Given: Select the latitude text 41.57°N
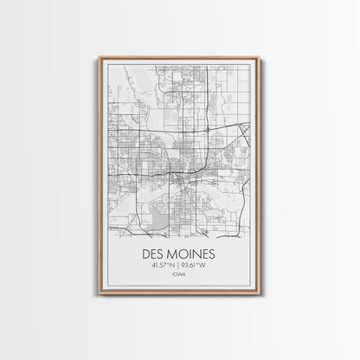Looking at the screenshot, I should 162,266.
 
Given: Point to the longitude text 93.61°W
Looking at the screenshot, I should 196,266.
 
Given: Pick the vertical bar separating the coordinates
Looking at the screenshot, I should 179,266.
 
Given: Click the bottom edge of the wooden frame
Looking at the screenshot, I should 179,293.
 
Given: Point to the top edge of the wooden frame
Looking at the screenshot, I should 179,58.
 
